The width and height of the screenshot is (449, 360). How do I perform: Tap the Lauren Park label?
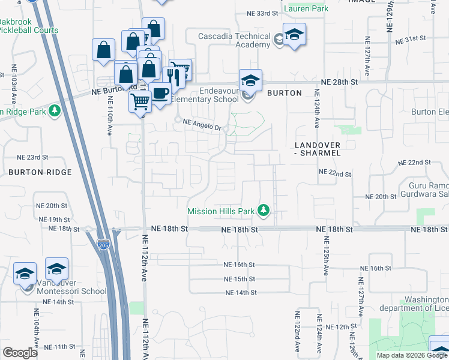tap(307, 9)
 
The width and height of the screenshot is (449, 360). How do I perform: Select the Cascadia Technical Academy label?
tap(235, 41)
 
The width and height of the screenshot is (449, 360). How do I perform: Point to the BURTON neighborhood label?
tap(284, 93)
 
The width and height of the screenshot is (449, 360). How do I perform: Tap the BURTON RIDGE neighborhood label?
tap(40, 172)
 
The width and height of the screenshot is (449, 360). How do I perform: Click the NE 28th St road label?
tap(339, 81)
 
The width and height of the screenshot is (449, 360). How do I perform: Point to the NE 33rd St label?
tap(265, 13)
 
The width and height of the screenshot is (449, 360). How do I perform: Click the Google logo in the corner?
tap(20, 353)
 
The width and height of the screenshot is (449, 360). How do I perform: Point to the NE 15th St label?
tap(240, 279)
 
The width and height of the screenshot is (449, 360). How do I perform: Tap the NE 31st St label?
tap(411, 38)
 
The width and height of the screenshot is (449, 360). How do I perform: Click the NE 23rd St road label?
tap(32, 157)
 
